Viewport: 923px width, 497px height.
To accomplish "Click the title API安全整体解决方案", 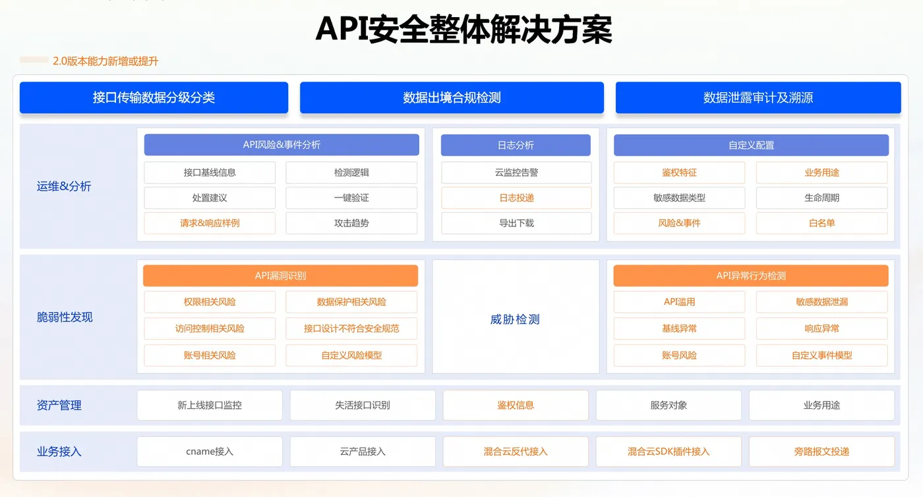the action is click(463, 29).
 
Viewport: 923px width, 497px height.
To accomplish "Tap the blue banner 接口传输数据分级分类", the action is click(154, 97).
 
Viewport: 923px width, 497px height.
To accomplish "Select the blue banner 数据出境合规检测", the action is click(452, 97).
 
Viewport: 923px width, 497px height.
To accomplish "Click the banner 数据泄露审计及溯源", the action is click(758, 97).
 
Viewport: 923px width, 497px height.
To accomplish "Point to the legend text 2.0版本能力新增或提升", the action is click(105, 61).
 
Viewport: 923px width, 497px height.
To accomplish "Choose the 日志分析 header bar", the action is click(516, 145).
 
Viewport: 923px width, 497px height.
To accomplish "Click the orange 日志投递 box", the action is click(516, 198).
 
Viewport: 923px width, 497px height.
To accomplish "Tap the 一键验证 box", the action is click(351, 198).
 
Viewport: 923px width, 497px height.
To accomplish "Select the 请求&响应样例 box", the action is click(210, 223).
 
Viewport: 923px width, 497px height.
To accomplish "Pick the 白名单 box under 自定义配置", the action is click(821, 223).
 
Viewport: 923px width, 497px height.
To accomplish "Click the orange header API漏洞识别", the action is click(281, 276).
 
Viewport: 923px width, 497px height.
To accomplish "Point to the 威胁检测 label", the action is click(515, 319).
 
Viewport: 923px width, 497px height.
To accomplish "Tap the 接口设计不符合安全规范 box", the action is click(351, 328).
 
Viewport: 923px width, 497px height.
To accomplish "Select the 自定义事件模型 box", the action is click(821, 355).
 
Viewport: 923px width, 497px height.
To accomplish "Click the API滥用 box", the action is click(679, 302).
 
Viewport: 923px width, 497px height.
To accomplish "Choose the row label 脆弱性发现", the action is click(65, 317).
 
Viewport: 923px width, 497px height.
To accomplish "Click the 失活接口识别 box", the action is click(363, 405).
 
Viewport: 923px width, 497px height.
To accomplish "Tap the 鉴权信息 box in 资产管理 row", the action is click(516, 405).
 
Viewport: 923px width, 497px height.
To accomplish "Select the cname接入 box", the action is click(210, 452).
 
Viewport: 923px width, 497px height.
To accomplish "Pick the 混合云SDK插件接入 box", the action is click(669, 452).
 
